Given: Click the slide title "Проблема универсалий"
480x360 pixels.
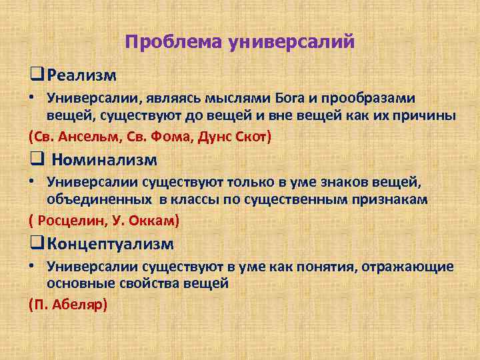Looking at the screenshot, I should tap(239, 42).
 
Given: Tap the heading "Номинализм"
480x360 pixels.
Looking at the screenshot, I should tap(104, 160).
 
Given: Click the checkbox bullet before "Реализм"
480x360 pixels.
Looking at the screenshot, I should tap(36, 71).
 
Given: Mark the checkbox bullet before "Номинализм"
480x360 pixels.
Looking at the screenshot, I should tap(36, 160).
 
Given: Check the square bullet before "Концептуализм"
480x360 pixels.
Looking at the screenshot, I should tap(36, 244).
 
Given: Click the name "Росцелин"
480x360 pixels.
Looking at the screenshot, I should tap(67, 221).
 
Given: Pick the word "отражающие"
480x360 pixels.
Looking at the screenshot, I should tap(411, 267).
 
